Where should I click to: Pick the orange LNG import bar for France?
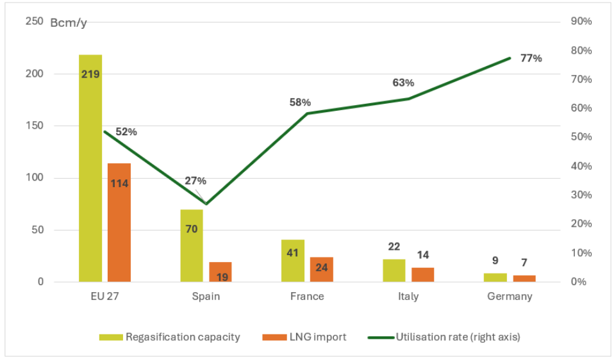click(322, 269)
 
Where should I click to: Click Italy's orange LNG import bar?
click(423, 274)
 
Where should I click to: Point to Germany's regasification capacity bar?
click(495, 277)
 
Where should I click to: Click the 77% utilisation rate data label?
click(531, 58)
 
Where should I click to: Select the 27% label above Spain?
click(195, 181)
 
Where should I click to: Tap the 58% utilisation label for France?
click(300, 102)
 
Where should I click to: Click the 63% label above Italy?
click(403, 83)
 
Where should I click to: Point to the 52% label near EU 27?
click(126, 132)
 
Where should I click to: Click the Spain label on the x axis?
click(206, 297)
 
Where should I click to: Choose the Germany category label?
click(510, 297)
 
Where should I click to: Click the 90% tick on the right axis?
click(581, 22)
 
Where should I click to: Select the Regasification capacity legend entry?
click(170, 337)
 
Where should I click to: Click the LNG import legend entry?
click(304, 337)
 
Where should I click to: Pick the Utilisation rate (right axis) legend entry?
click(444, 337)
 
